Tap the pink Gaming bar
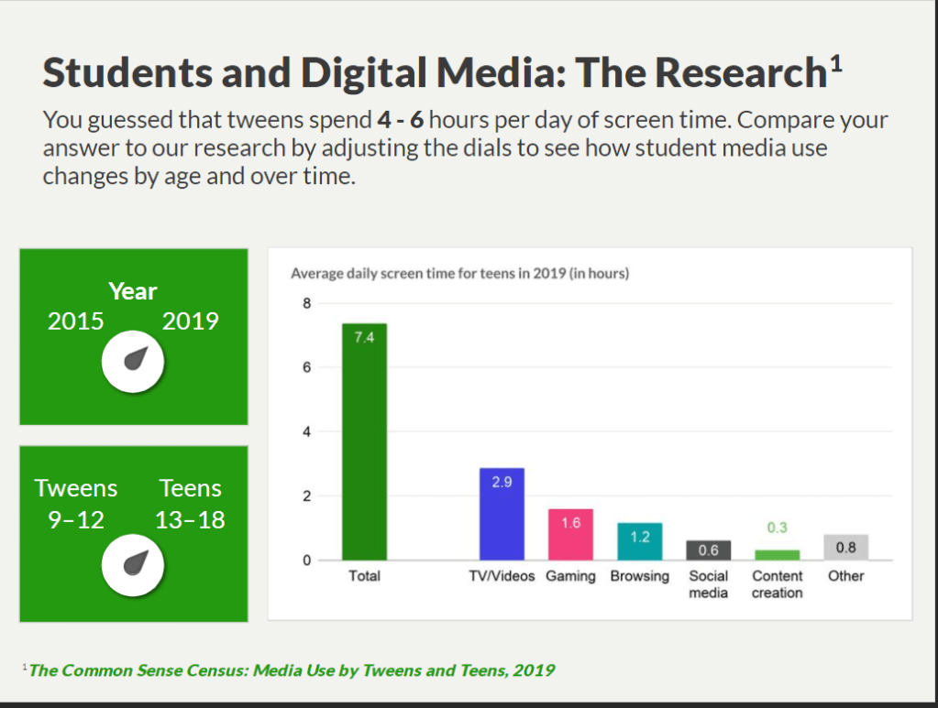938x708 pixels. (570, 535)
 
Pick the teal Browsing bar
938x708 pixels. (639, 541)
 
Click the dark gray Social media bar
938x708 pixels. (708, 550)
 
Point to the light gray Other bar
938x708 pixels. (845, 548)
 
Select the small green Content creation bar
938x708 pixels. (777, 555)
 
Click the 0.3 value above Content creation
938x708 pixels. (777, 528)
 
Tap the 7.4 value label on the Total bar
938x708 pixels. (364, 337)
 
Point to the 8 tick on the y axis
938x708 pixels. (307, 303)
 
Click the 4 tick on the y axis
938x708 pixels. (307, 431)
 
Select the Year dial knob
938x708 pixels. (133, 364)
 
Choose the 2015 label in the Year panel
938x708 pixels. (76, 321)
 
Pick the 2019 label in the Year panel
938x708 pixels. (191, 321)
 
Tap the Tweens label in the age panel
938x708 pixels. (76, 488)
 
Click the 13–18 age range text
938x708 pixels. (190, 520)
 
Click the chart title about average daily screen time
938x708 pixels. (459, 273)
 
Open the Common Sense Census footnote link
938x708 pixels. (292, 670)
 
